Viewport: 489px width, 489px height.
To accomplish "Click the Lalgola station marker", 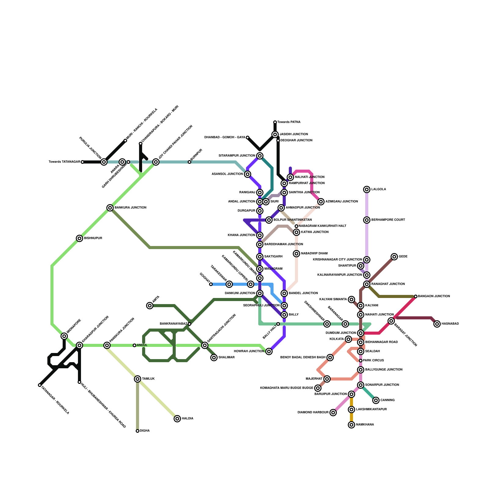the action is point(367,189).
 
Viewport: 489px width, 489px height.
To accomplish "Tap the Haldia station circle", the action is point(177,419).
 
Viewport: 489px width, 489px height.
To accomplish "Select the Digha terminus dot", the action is point(138,431).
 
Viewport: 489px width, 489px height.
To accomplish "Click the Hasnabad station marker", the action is point(437,324).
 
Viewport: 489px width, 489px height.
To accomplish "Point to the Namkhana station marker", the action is point(351,425).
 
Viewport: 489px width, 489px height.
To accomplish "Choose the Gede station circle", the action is point(394,257).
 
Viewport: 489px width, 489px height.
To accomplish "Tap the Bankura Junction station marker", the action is point(110,208).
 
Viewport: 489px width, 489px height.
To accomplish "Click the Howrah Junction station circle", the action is point(269,351).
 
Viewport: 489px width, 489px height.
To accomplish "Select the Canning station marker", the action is point(376,400).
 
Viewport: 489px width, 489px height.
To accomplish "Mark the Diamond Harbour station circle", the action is point(333,413).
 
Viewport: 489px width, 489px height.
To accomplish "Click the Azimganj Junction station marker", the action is point(321,202).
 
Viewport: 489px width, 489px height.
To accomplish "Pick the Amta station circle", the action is point(150,306).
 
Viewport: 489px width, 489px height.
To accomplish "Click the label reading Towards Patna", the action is point(289,122).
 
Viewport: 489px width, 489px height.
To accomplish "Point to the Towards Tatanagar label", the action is point(64,162).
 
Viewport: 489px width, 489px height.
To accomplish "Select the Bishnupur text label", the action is point(93,238).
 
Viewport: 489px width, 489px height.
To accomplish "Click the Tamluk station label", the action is point(148,379).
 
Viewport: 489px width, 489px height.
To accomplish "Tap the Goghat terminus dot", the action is point(211,284).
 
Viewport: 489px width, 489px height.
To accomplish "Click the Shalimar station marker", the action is point(214,358).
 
